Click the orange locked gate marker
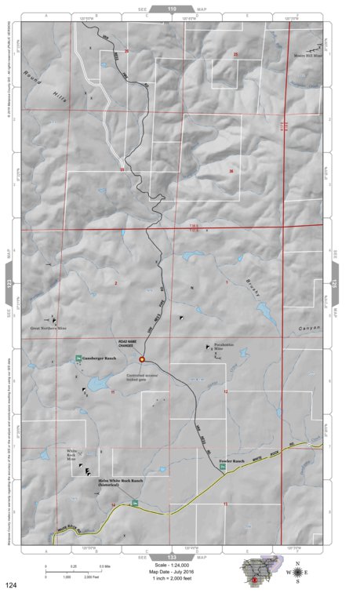pyautogui.click(x=142, y=359)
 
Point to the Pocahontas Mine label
pyautogui.click(x=226, y=347)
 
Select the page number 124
pyautogui.click(x=11, y=584)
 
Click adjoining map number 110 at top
pyautogui.click(x=173, y=8)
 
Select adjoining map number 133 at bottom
pyautogui.click(x=173, y=555)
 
